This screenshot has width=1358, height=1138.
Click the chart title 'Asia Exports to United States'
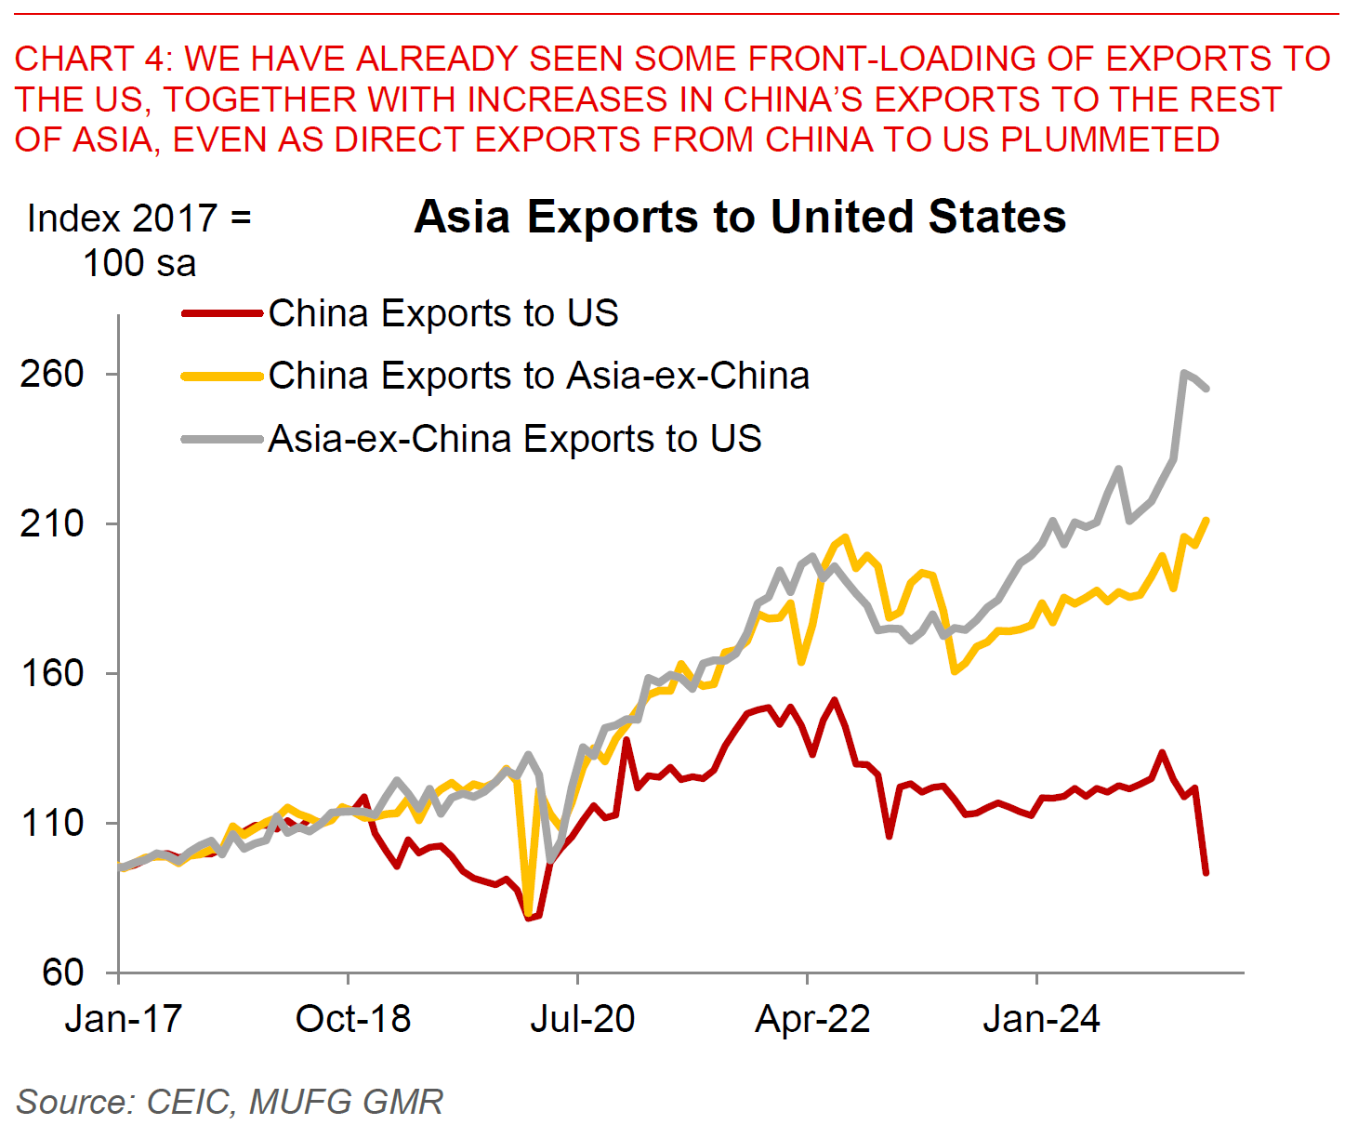[x=740, y=218]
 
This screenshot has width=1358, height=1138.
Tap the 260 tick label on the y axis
[x=53, y=374]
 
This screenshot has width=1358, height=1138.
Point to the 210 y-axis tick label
[x=53, y=523]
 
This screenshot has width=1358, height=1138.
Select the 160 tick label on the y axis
[x=53, y=673]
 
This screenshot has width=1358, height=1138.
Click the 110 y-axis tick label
[x=53, y=823]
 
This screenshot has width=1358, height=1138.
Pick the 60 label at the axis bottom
[x=63, y=973]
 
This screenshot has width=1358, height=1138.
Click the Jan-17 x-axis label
[x=123, y=1019]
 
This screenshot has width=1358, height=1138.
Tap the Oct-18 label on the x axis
[x=353, y=1019]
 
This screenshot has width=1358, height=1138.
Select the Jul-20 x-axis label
[x=583, y=1019]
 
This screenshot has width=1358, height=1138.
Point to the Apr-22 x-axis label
[x=812, y=1019]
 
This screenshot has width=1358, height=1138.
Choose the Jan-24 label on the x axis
[x=1041, y=1019]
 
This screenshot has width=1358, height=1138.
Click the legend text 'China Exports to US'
[x=443, y=313]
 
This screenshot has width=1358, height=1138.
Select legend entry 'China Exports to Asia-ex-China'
[x=538, y=376]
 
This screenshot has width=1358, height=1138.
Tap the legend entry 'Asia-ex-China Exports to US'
[x=515, y=439]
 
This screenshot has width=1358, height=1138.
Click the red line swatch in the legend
[x=222, y=313]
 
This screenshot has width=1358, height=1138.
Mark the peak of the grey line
[x=1183, y=373]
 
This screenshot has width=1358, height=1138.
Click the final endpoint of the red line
[x=1206, y=873]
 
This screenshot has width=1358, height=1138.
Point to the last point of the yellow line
[x=1206, y=520]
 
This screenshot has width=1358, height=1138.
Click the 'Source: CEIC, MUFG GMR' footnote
[x=230, y=1102]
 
